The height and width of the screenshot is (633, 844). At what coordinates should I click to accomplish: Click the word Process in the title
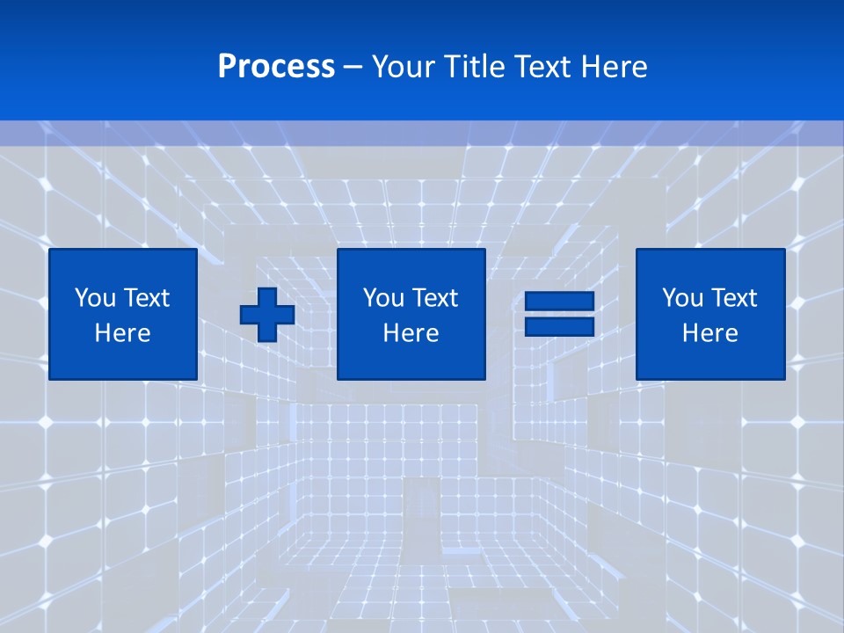(276, 67)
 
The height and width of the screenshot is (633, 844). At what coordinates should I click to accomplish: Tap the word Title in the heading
(473, 67)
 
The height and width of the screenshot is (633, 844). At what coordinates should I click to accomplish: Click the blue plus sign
(267, 315)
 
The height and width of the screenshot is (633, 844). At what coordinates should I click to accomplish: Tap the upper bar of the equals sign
(559, 302)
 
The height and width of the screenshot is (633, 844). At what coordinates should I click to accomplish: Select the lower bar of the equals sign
(559, 326)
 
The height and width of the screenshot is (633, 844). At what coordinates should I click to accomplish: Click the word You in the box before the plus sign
(95, 298)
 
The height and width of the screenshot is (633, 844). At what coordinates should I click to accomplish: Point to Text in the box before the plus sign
(145, 298)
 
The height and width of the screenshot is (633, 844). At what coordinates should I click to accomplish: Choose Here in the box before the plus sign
(122, 333)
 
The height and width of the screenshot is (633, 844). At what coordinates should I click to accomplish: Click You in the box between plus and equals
(383, 298)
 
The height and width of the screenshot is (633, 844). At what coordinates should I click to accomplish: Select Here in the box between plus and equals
(411, 333)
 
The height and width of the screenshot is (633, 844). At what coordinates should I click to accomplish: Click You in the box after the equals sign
(682, 298)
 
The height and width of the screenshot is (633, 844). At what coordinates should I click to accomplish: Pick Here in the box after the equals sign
(709, 333)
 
